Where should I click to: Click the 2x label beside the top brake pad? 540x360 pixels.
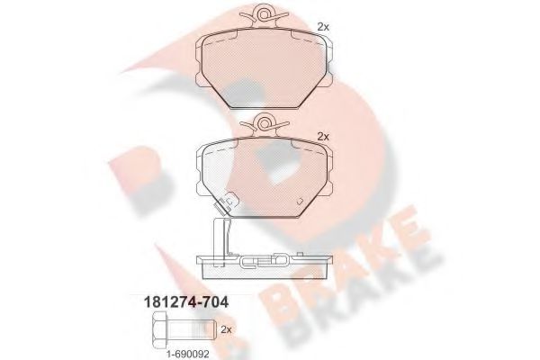click(x=323, y=27)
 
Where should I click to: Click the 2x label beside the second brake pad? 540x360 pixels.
click(x=323, y=137)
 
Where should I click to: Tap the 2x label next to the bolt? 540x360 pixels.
click(x=226, y=329)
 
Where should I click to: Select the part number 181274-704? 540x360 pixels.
click(x=185, y=302)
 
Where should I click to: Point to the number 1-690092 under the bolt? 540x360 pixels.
click(x=188, y=354)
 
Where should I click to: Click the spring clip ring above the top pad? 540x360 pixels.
click(x=264, y=14)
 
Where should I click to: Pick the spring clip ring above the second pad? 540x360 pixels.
click(x=264, y=123)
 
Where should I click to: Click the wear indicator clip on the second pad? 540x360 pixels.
click(x=226, y=202)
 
